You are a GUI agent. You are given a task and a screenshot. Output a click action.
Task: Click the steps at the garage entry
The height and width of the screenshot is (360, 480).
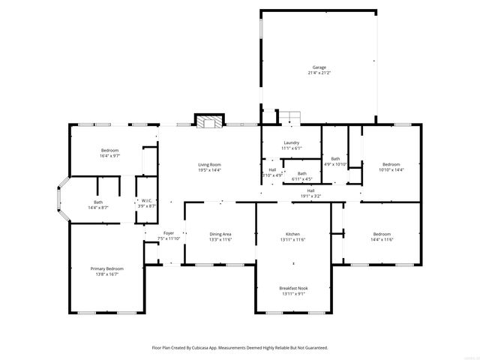pyautogui.click(x=290, y=117)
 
